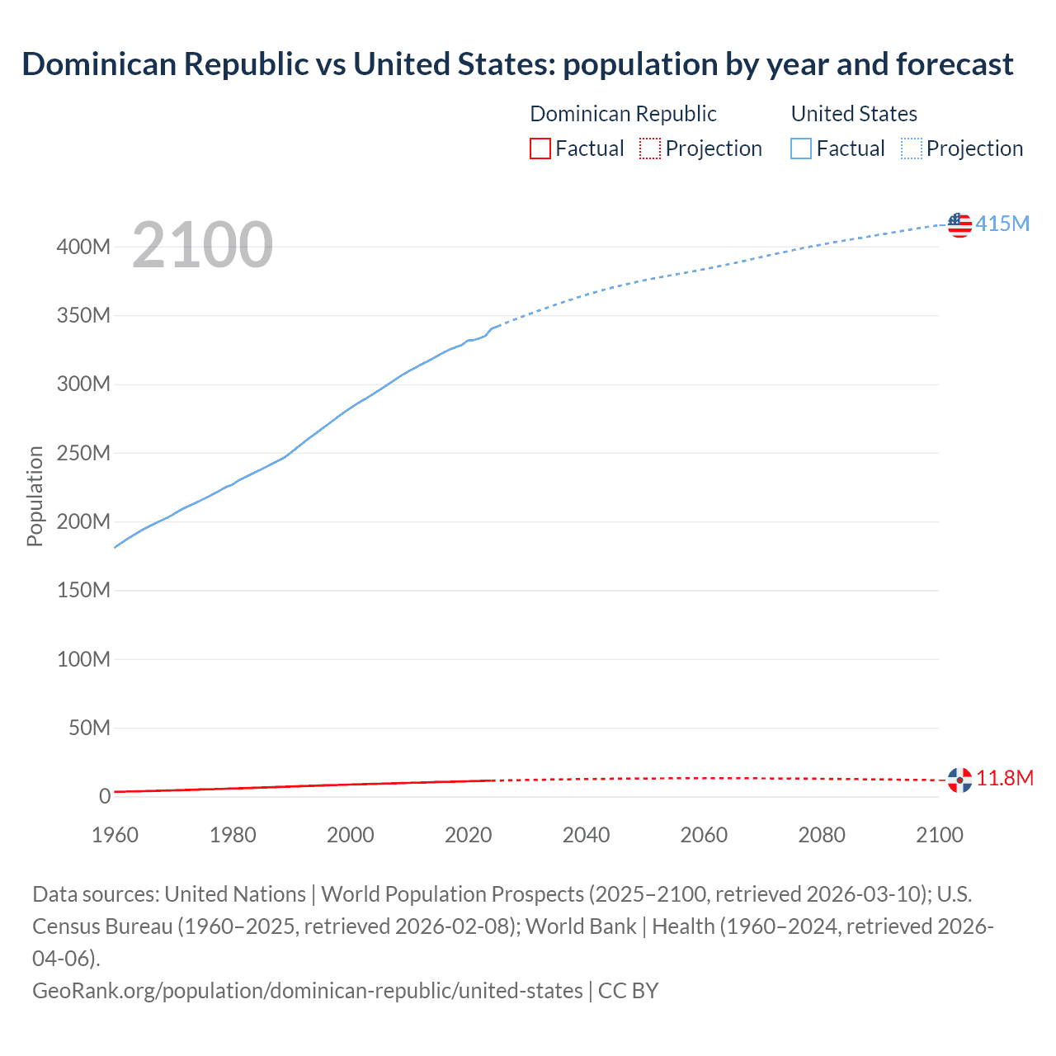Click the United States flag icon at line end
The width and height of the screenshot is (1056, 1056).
(x=959, y=224)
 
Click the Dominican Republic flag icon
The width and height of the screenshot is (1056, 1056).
(x=959, y=780)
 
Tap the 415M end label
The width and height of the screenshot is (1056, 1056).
(x=1002, y=224)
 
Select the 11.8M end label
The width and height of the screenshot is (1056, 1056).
(x=1005, y=778)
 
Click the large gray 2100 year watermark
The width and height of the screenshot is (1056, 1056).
(x=202, y=245)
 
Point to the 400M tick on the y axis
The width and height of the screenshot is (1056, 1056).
(x=83, y=247)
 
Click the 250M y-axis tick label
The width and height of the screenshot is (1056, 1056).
(x=83, y=453)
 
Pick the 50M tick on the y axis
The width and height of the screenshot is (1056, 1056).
(x=89, y=728)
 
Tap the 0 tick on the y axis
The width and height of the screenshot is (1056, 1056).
(x=105, y=796)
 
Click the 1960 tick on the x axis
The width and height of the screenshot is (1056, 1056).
(x=115, y=835)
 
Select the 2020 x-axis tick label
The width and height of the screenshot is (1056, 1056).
(x=469, y=835)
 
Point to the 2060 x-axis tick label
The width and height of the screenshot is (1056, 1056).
(x=704, y=835)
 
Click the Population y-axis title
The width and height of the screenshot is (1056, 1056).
(x=35, y=496)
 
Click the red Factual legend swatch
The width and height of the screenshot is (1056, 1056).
(x=540, y=148)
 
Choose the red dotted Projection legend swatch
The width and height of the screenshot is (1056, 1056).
(x=650, y=148)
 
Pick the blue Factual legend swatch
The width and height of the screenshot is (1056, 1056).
(x=801, y=148)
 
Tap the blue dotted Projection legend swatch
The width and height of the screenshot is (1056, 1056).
(x=912, y=148)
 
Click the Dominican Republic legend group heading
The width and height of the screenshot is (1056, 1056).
(x=623, y=114)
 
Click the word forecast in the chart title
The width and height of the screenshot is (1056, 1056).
(x=955, y=64)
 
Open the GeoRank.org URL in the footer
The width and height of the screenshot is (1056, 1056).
(x=307, y=990)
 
